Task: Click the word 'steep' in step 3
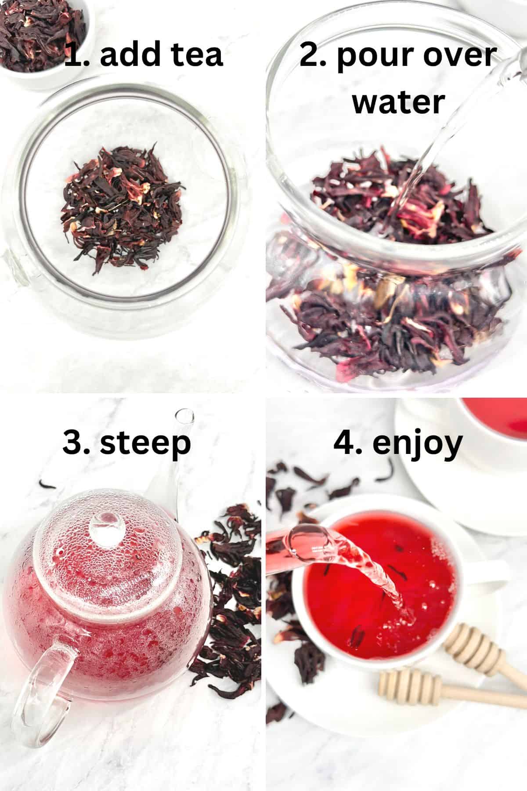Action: tap(145, 444)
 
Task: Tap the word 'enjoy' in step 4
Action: tap(417, 444)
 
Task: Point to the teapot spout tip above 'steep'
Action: tap(184, 415)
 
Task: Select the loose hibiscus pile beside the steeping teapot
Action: tap(228, 584)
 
